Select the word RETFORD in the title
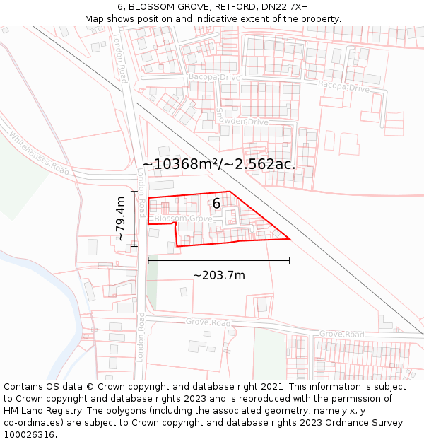coord(238,7)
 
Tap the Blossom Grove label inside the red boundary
coord(183,219)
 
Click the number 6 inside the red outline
coord(216,204)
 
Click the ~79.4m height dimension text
coord(120,219)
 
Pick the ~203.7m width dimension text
coord(218,275)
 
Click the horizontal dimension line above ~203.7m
coord(218,261)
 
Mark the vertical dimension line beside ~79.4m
coord(134,219)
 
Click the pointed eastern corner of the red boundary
coord(289,238)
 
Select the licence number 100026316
coord(30,435)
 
